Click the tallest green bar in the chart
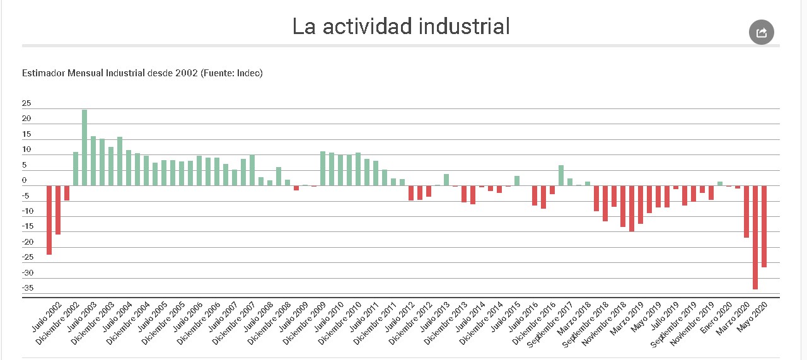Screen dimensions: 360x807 coord(84,148)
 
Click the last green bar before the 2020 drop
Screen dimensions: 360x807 coord(719,183)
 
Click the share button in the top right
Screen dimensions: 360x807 coord(761,32)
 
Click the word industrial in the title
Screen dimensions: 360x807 coord(451,26)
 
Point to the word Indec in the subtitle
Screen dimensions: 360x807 coord(248,73)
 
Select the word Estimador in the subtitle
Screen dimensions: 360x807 coord(45,73)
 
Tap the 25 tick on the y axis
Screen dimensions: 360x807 coord(26,103)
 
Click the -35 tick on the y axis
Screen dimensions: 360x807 coord(27,289)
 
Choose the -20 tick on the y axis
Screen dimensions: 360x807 coord(27,242)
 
